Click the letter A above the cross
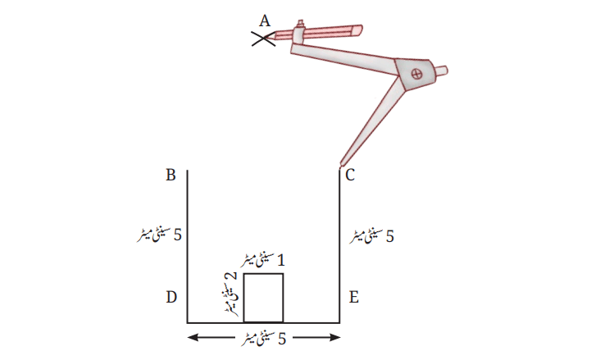pyautogui.click(x=265, y=21)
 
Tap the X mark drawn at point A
pyautogui.click(x=263, y=39)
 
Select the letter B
pyautogui.click(x=170, y=175)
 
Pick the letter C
pyautogui.click(x=350, y=175)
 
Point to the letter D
pyautogui.click(x=171, y=298)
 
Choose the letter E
pyautogui.click(x=353, y=298)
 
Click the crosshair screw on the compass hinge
pyautogui.click(x=416, y=74)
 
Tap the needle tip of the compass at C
pyautogui.click(x=341, y=165)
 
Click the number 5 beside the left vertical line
pyautogui.click(x=178, y=235)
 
